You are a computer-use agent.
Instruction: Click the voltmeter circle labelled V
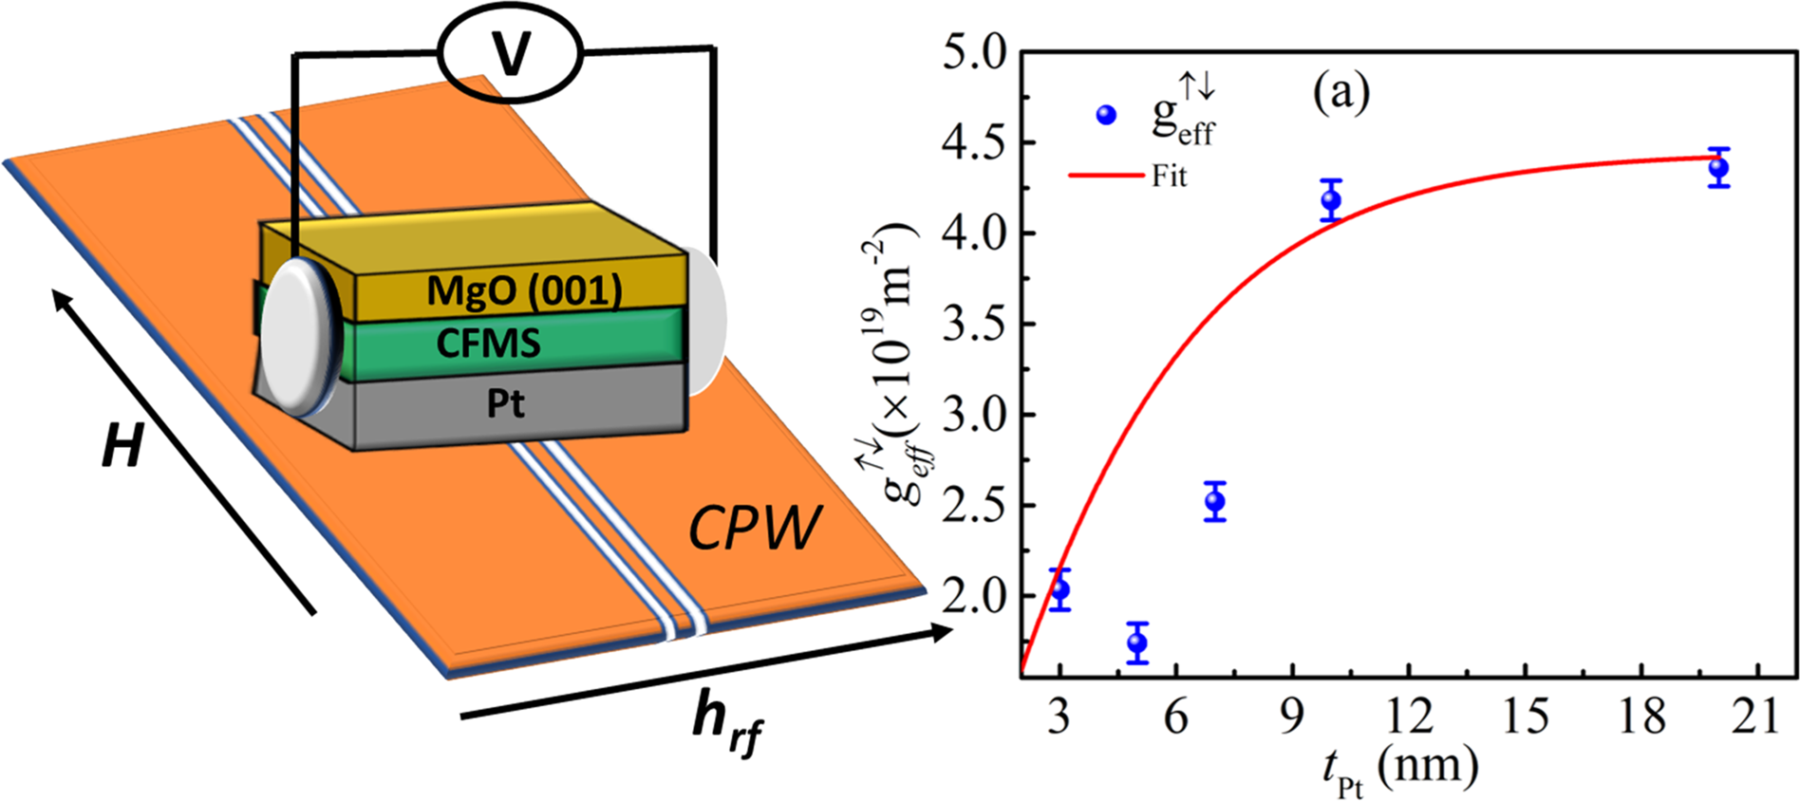pyautogui.click(x=510, y=55)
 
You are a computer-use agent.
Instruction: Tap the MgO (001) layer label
pyautogui.click(x=524, y=290)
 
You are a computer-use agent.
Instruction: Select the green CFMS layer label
pyautogui.click(x=488, y=344)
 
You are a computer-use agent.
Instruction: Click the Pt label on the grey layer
pyautogui.click(x=505, y=404)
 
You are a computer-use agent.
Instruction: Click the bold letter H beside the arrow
pyautogui.click(x=122, y=447)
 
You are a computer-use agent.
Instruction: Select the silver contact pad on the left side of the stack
pyautogui.click(x=300, y=336)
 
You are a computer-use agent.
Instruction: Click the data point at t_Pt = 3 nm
pyautogui.click(x=1060, y=589)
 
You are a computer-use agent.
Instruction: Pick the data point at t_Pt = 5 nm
pyautogui.click(x=1137, y=643)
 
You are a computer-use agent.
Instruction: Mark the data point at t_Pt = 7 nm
pyautogui.click(x=1215, y=501)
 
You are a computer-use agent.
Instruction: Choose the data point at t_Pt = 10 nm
pyautogui.click(x=1331, y=199)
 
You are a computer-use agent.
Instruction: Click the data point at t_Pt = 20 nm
pyautogui.click(x=1718, y=168)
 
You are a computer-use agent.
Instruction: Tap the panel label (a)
pyautogui.click(x=1341, y=92)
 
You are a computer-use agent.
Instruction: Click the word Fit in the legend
pyautogui.click(x=1169, y=177)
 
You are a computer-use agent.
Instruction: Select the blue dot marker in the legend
pyautogui.click(x=1106, y=115)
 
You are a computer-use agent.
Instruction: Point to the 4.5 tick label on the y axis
pyautogui.click(x=974, y=143)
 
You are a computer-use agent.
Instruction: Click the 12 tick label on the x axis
pyautogui.click(x=1409, y=716)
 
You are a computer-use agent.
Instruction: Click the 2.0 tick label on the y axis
pyautogui.click(x=974, y=596)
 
